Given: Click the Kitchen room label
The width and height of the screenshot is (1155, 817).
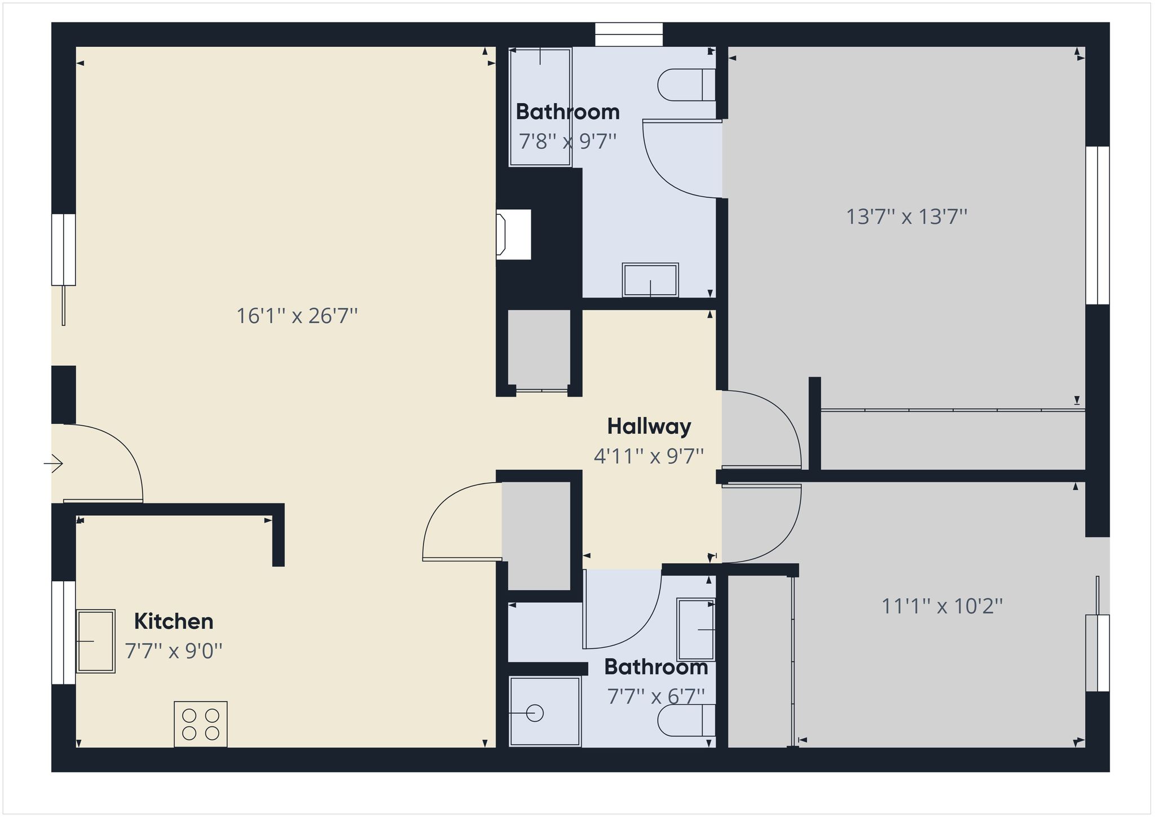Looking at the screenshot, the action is pos(174,621).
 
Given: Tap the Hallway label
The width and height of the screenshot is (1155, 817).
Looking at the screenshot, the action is pos(649,427).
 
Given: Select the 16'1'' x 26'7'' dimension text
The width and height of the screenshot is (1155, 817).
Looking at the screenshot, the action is pos(297,316).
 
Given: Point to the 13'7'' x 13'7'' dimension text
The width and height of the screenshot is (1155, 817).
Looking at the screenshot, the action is pos(907,217).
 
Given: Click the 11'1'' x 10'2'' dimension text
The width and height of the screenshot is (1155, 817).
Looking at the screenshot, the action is pos(942,606).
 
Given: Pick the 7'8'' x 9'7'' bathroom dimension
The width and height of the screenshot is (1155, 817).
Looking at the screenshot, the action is pos(567,141).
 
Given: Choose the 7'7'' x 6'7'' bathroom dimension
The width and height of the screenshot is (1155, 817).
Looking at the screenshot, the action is pos(656,696).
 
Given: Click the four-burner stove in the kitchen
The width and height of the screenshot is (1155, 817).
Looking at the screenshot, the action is pos(201,724).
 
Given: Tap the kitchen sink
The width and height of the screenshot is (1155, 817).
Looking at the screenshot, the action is pos(96,641).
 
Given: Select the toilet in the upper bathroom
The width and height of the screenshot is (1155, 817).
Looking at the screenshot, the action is pos(687,85).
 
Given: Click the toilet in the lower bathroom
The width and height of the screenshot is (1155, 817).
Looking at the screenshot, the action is pos(687,720).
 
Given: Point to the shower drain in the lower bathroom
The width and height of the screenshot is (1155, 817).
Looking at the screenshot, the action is pos(535,713).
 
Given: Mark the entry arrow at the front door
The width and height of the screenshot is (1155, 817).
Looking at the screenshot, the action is pos(54,463).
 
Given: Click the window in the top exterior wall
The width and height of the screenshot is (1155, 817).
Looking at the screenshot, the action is pos(629,34).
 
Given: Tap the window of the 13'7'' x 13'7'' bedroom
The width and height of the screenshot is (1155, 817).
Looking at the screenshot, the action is pos(1097,226).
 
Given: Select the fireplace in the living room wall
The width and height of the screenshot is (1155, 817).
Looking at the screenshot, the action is pos(514,235).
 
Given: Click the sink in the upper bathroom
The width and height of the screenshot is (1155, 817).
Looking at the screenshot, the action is pos(650,280).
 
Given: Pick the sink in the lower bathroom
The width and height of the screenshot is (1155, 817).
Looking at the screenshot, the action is pos(696,629).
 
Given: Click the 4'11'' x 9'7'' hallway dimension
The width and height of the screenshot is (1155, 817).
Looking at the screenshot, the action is pos(649,456).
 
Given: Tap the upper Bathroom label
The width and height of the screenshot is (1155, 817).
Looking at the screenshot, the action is pos(567,112).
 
